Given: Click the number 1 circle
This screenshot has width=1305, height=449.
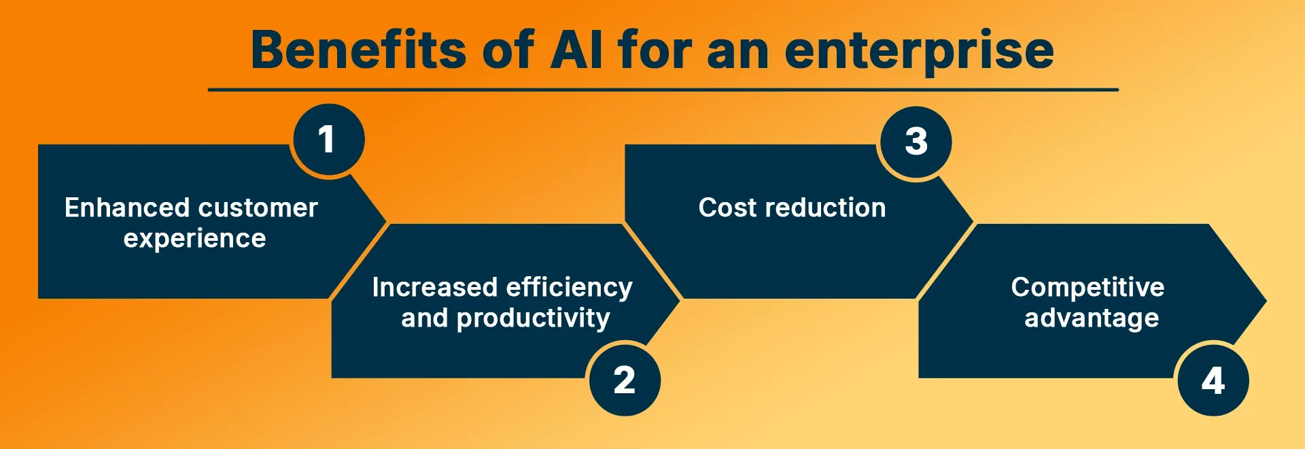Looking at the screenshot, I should [x=328, y=139].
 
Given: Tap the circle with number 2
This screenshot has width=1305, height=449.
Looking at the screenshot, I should [x=625, y=380].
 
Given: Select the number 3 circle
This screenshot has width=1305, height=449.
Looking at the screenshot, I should [x=916, y=142].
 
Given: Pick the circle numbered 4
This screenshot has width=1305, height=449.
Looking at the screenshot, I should [x=1213, y=380].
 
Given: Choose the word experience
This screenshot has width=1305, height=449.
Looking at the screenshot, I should [x=194, y=239].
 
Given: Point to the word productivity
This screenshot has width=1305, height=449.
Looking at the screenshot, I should [x=533, y=318].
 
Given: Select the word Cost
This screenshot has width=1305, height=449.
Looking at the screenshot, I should [x=727, y=207].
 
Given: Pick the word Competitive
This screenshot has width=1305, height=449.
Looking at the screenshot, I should [x=1087, y=287].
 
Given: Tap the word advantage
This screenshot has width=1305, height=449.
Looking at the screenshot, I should [x=1092, y=318].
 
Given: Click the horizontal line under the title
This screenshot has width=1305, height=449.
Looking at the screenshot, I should [x=663, y=89].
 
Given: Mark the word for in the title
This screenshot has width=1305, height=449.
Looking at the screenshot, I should [x=654, y=50].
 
